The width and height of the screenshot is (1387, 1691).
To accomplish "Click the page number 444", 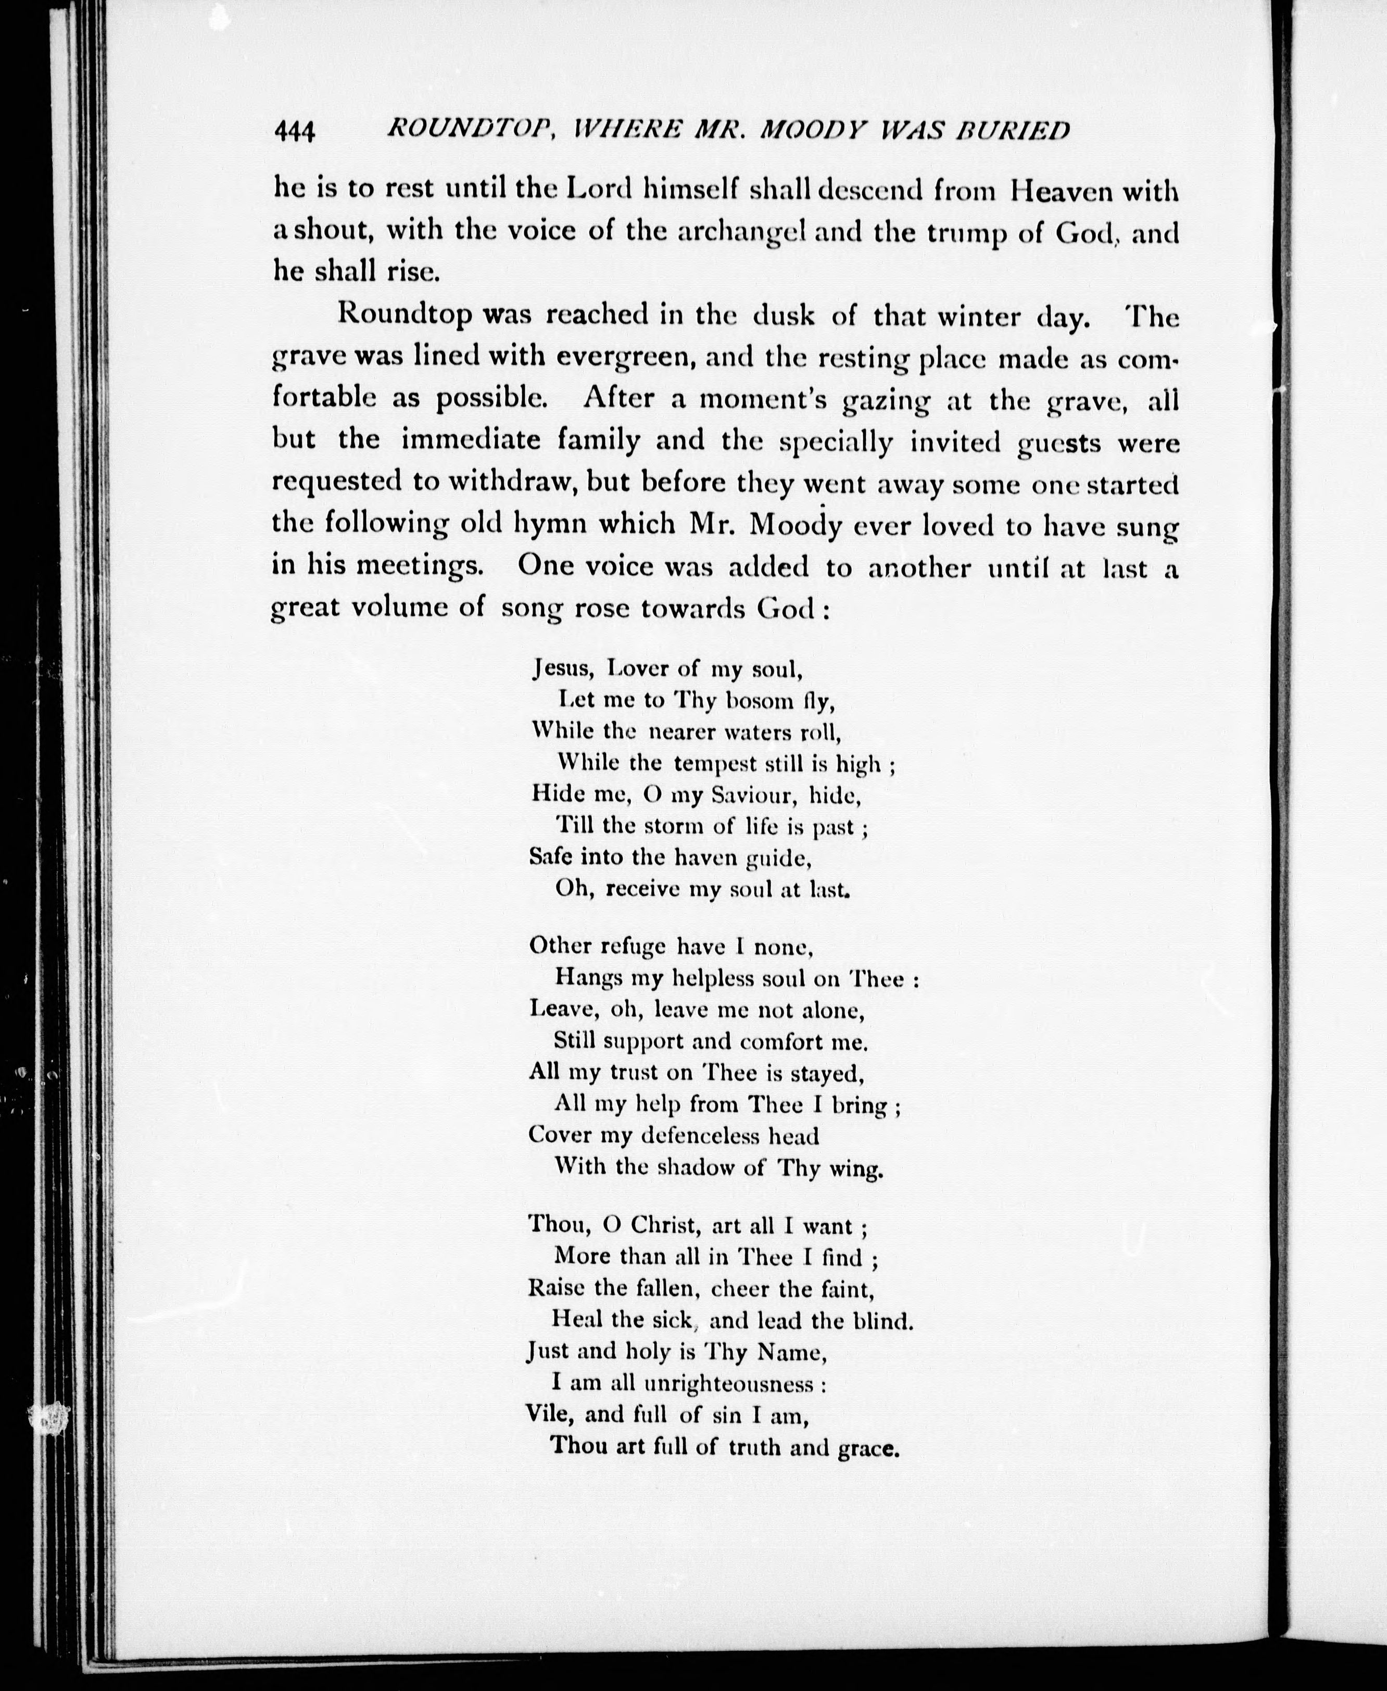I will point(295,131).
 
